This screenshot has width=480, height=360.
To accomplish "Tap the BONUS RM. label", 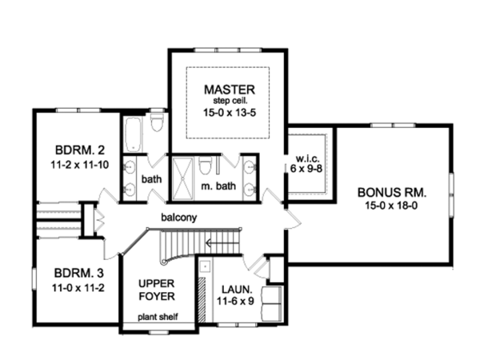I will point(392,193).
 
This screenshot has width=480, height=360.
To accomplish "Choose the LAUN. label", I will point(234,290).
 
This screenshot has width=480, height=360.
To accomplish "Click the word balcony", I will point(178,217).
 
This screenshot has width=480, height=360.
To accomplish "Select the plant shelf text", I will point(156,317).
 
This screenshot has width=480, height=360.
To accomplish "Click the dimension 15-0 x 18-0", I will point(391,207).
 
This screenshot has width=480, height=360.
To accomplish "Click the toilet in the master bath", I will point(206,167).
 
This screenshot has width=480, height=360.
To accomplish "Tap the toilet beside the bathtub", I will point(156,122).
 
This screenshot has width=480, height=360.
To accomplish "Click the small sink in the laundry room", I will point(205,268).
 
